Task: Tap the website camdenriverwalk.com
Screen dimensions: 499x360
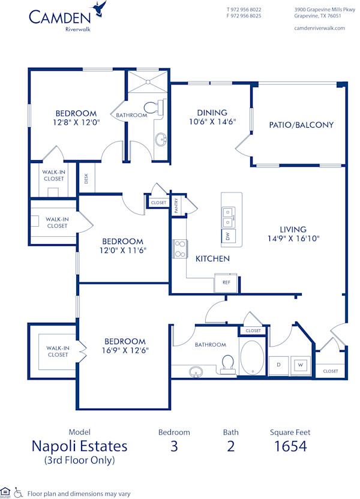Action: click(x=320, y=28)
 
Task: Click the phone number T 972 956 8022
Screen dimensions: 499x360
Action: click(x=244, y=10)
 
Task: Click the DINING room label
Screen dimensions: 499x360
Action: click(x=212, y=112)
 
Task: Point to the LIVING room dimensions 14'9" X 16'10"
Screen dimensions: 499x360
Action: click(x=293, y=238)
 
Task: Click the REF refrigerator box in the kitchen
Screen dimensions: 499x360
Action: click(x=226, y=282)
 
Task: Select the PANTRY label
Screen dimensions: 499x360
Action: click(x=177, y=206)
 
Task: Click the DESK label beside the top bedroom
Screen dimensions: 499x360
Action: click(x=86, y=179)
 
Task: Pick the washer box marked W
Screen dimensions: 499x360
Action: click(x=299, y=364)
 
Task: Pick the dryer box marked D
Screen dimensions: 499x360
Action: click(x=279, y=364)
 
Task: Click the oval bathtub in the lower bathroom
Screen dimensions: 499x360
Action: click(x=252, y=357)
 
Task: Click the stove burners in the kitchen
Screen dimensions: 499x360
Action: click(x=179, y=249)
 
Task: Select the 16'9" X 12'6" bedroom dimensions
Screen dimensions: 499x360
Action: click(x=125, y=350)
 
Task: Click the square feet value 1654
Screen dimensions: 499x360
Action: click(x=290, y=446)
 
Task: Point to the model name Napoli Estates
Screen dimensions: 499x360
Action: click(x=79, y=446)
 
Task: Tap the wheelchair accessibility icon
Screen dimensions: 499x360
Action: click(x=18, y=491)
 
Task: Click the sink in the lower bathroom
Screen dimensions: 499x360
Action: click(x=196, y=372)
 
